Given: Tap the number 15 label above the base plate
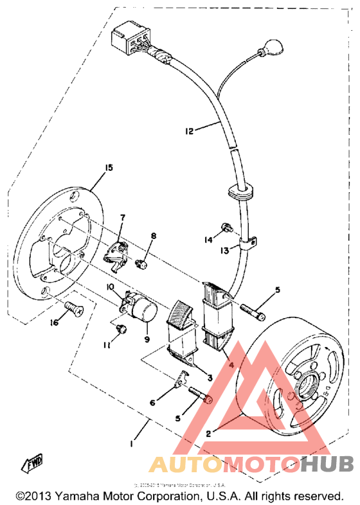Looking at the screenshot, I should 108,168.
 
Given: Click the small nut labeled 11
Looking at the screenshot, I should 119,330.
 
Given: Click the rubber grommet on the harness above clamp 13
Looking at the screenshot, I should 242,191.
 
